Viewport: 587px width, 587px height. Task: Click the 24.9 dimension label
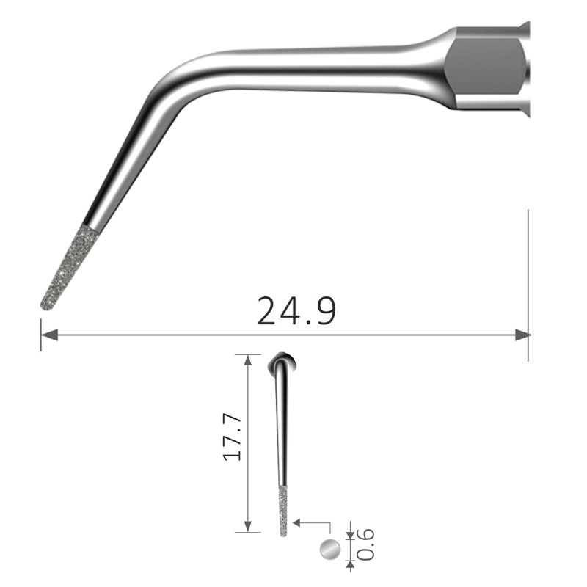296,310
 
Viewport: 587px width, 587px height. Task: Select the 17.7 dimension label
232,437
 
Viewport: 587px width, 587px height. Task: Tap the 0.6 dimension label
365,544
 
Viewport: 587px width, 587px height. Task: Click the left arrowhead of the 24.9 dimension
49,335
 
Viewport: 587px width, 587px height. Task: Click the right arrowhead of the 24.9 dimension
522,335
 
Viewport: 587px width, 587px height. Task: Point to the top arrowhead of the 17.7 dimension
248,360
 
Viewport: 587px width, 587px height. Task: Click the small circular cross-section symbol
330,550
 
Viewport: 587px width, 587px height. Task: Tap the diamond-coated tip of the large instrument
70,268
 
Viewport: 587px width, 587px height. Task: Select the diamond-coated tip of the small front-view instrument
283,511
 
